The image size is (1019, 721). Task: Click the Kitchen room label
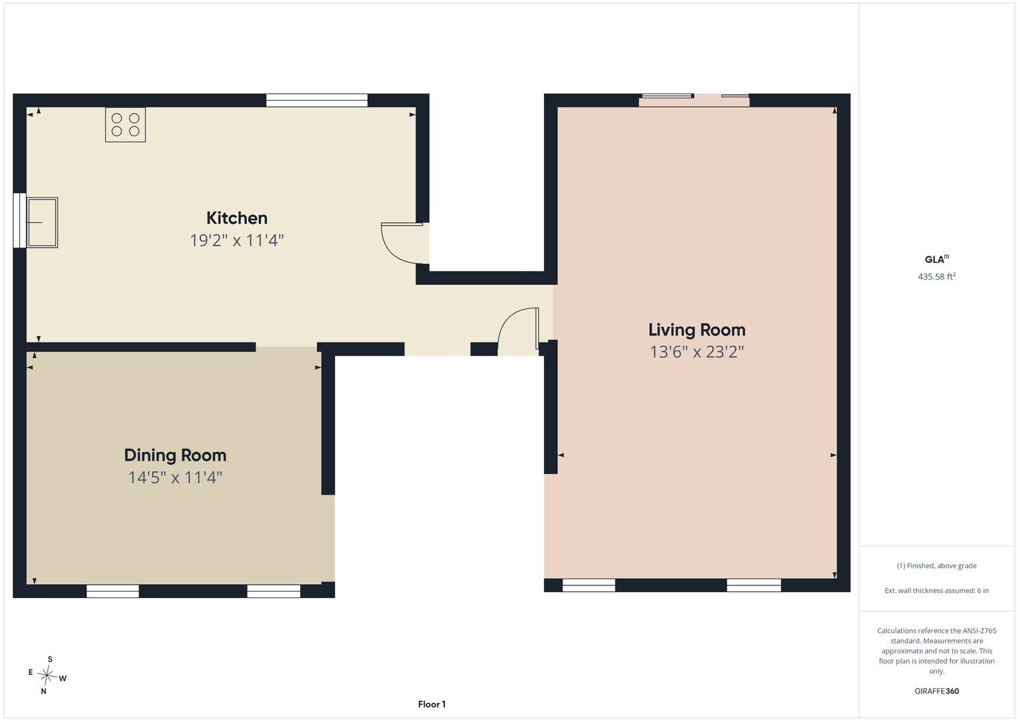236,218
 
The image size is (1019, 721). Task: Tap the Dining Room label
175,455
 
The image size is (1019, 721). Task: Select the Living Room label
697,330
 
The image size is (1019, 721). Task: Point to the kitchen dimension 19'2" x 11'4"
236,240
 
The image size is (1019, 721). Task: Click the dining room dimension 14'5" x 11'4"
175,477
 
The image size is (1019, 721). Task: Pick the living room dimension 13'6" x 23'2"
697,352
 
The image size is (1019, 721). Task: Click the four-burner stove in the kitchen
125,125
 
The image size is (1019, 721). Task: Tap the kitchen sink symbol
42,222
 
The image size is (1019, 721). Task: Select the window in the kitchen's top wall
316,100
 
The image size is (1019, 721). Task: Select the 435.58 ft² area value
936,276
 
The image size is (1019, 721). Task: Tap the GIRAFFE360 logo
936,691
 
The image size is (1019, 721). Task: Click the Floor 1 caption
432,704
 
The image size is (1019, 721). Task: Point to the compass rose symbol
47,675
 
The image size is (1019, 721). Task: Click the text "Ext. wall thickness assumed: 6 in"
936,590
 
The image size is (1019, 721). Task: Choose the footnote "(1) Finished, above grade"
936,566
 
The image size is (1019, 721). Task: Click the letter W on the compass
63,679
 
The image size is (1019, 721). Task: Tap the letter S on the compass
50,659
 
